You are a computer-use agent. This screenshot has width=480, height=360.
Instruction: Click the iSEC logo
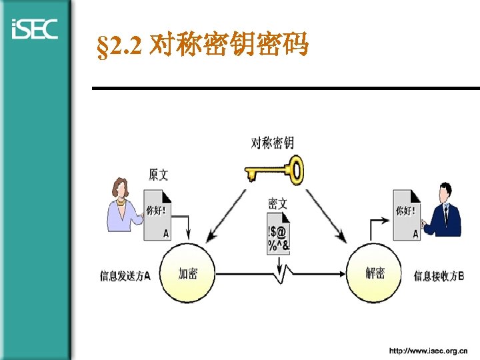pos(35,29)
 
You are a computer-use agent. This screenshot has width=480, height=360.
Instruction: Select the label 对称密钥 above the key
pos(272,143)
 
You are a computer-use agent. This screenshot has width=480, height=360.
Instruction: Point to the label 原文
pos(159,175)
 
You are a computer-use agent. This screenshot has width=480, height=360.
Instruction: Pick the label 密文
pos(277,204)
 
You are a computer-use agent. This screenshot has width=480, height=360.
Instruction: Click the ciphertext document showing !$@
pos(278,237)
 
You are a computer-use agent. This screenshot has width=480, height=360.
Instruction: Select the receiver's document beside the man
pos(407,213)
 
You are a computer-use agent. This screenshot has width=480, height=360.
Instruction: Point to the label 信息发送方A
pos(125,275)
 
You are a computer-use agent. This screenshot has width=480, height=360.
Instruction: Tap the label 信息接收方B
pos(439,275)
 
